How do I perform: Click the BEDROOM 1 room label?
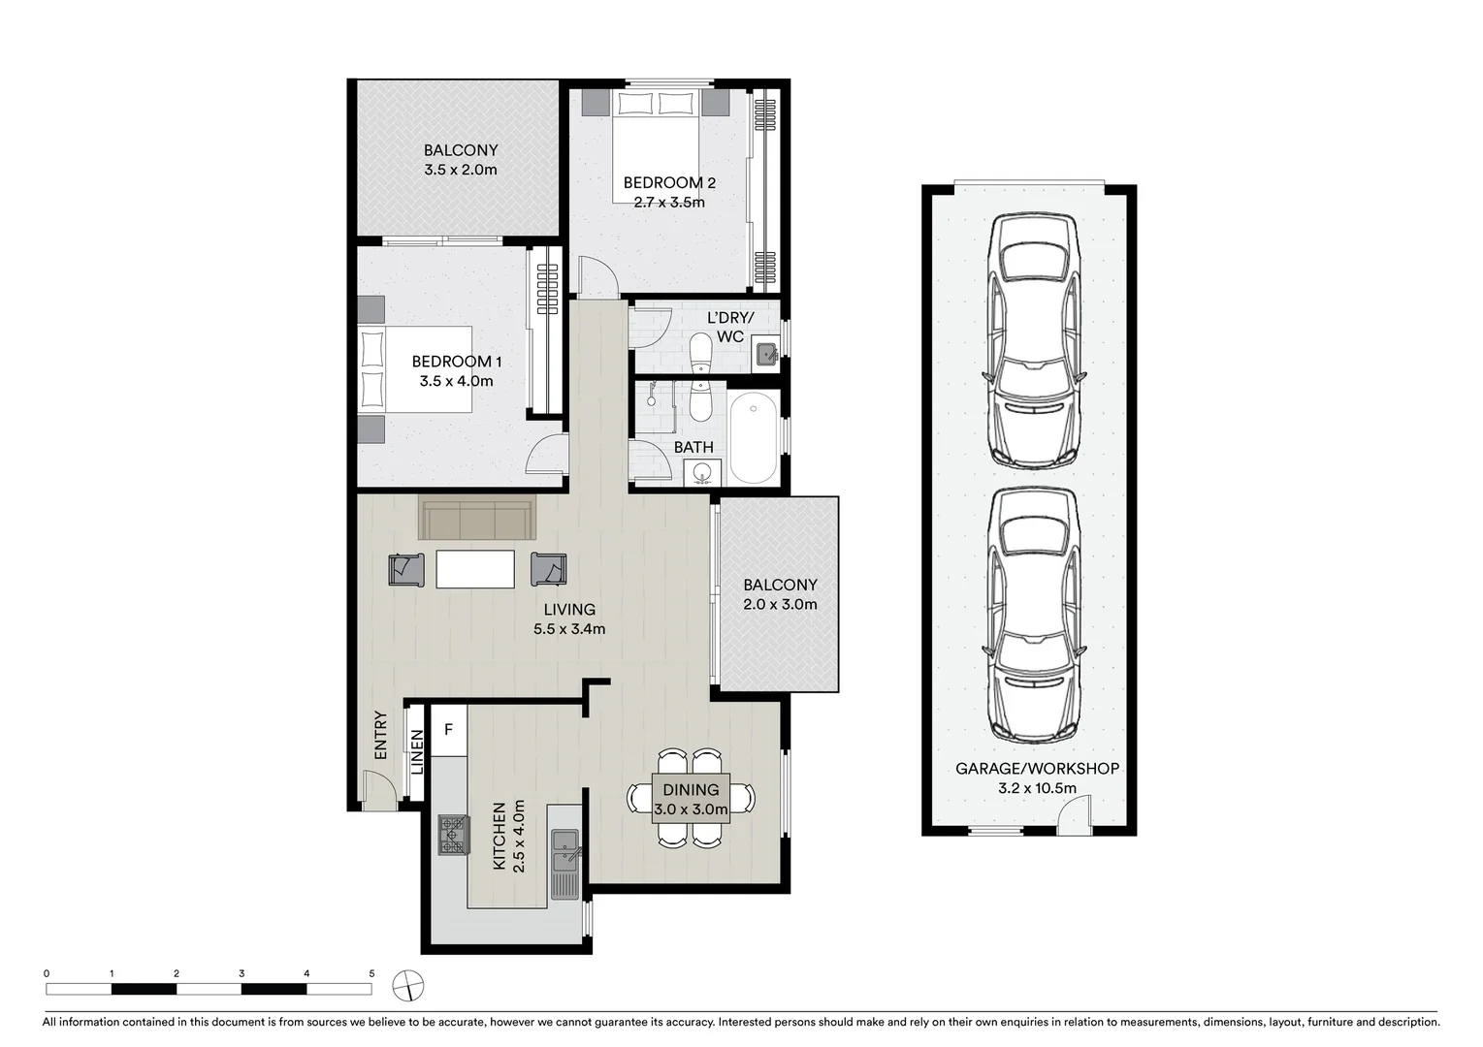pyautogui.click(x=456, y=362)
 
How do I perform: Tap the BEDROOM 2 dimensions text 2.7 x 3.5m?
pyautogui.click(x=669, y=203)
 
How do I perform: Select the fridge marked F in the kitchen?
pyautogui.click(x=448, y=728)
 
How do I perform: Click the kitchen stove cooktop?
pyautogui.click(x=451, y=834)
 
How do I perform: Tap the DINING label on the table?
pyautogui.click(x=691, y=790)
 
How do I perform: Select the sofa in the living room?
pyautogui.click(x=476, y=519)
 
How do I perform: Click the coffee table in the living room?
pyautogui.click(x=475, y=568)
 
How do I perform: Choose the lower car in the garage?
pyautogui.click(x=1034, y=613)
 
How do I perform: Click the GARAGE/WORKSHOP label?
pyautogui.click(x=1037, y=768)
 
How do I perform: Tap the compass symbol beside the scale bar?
pyautogui.click(x=408, y=985)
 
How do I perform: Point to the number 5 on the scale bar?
pyautogui.click(x=371, y=973)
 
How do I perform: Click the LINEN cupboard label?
pyautogui.click(x=417, y=751)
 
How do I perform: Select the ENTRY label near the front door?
pyautogui.click(x=380, y=736)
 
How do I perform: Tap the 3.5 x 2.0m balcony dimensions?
pyautogui.click(x=461, y=170)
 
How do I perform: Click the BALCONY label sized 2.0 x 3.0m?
pyautogui.click(x=780, y=585)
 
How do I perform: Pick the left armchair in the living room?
pyautogui.click(x=406, y=569)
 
